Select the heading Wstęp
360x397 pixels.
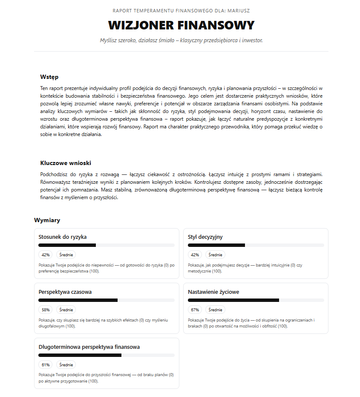pos(49,77)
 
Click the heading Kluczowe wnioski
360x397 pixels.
pos(66,163)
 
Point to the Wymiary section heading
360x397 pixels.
pos(47,220)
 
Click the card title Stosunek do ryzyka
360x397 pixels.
pos(63,237)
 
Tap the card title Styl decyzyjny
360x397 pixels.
pos(205,237)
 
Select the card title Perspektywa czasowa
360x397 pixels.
pos(65,292)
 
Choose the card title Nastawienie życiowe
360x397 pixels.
pos(213,292)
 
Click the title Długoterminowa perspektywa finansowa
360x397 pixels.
pos(89,347)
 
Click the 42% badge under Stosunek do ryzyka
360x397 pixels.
pos(46,255)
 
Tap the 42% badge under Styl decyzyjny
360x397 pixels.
pos(195,255)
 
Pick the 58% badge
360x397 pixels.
pos(46,310)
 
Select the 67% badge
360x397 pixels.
pos(195,310)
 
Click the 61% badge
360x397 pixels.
pos(46,365)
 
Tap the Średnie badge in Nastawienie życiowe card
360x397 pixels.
pos(215,310)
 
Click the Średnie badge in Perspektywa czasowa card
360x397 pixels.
pos(66,310)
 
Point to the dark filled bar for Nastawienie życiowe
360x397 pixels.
pos(233,300)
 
